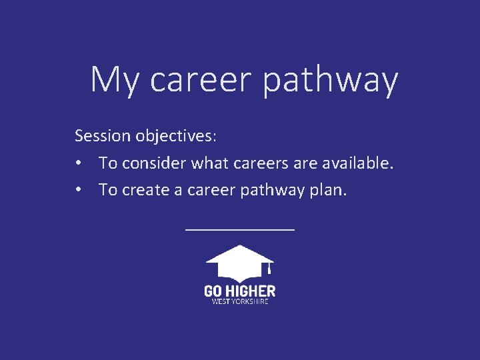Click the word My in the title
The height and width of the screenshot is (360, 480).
[x=115, y=80]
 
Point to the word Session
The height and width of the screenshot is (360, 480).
[x=103, y=136]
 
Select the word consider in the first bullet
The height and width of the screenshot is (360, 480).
[x=155, y=163]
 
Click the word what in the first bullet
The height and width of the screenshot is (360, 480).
[x=210, y=163]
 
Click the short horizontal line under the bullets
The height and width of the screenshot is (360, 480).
[x=239, y=229]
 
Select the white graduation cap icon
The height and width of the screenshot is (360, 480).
[x=239, y=263]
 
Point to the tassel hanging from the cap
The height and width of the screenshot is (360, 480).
[x=268, y=269]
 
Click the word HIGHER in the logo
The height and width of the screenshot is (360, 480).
[x=250, y=291]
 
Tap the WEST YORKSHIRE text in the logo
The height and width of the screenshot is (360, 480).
[x=239, y=301]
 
